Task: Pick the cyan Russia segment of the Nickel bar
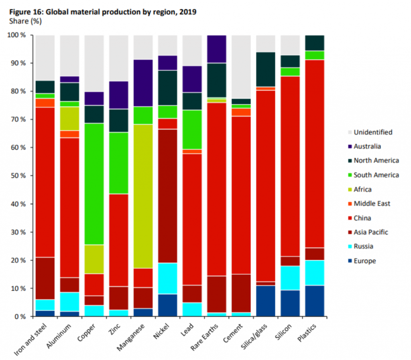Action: click(x=168, y=279)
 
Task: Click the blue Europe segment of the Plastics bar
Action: click(x=315, y=301)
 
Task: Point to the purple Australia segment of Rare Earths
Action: click(x=217, y=49)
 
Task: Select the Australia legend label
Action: click(x=367, y=146)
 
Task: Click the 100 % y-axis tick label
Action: click(x=16, y=35)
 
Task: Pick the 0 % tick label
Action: click(x=19, y=317)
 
